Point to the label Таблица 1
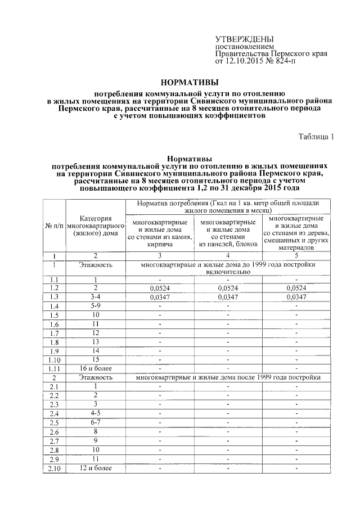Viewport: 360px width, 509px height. coord(316,137)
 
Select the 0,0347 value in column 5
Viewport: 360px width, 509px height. coord(296,297)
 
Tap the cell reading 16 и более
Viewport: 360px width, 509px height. coord(96,368)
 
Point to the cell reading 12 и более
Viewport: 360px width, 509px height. coord(96,468)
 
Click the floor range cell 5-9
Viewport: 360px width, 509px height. coord(96,305)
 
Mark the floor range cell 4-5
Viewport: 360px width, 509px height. coord(96,413)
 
